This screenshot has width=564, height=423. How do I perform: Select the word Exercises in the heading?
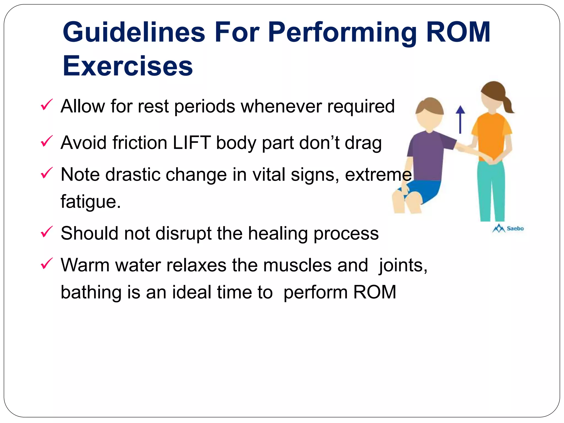coord(128,66)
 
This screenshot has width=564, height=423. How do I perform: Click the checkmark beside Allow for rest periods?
coord(46,105)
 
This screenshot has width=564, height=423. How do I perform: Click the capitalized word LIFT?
coord(192,143)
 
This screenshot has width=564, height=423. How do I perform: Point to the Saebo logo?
coord(508,228)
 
